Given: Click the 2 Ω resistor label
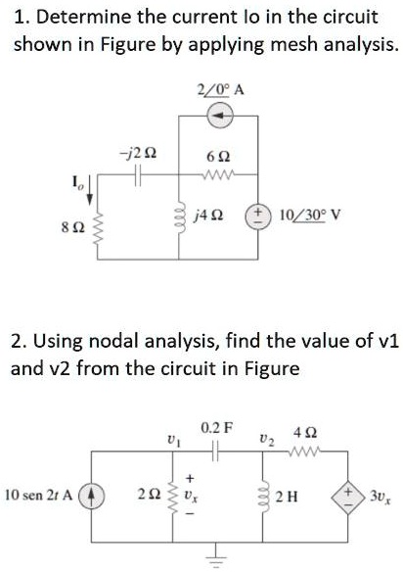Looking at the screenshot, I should pyautogui.click(x=153, y=492).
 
